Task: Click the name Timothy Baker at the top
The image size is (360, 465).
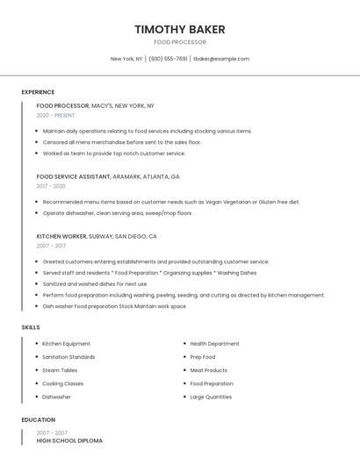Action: point(180,29)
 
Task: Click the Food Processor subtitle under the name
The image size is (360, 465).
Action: point(180,42)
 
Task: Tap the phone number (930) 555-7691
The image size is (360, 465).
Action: point(168,59)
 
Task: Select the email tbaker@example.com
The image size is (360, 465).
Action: point(221,59)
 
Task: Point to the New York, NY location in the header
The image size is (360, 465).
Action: point(126,59)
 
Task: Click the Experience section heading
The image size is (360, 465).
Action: point(38,92)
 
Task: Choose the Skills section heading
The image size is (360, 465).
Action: point(31,327)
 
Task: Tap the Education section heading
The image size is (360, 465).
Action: point(39,419)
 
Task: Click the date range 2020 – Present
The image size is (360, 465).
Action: point(55,115)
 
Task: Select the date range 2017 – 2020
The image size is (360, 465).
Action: point(51,186)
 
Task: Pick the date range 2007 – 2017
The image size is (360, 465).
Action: point(51,246)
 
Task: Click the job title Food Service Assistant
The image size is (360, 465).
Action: point(73,176)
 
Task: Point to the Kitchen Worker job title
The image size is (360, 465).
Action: point(61,236)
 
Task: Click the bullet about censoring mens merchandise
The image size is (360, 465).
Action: point(122,142)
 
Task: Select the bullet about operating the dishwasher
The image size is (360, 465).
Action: point(117,213)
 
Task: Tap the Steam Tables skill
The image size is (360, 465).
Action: point(60,370)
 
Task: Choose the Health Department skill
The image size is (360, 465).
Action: point(214,344)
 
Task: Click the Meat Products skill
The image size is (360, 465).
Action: point(208,370)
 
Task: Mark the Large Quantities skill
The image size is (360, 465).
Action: point(211,397)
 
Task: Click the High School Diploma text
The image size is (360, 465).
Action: point(69,440)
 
